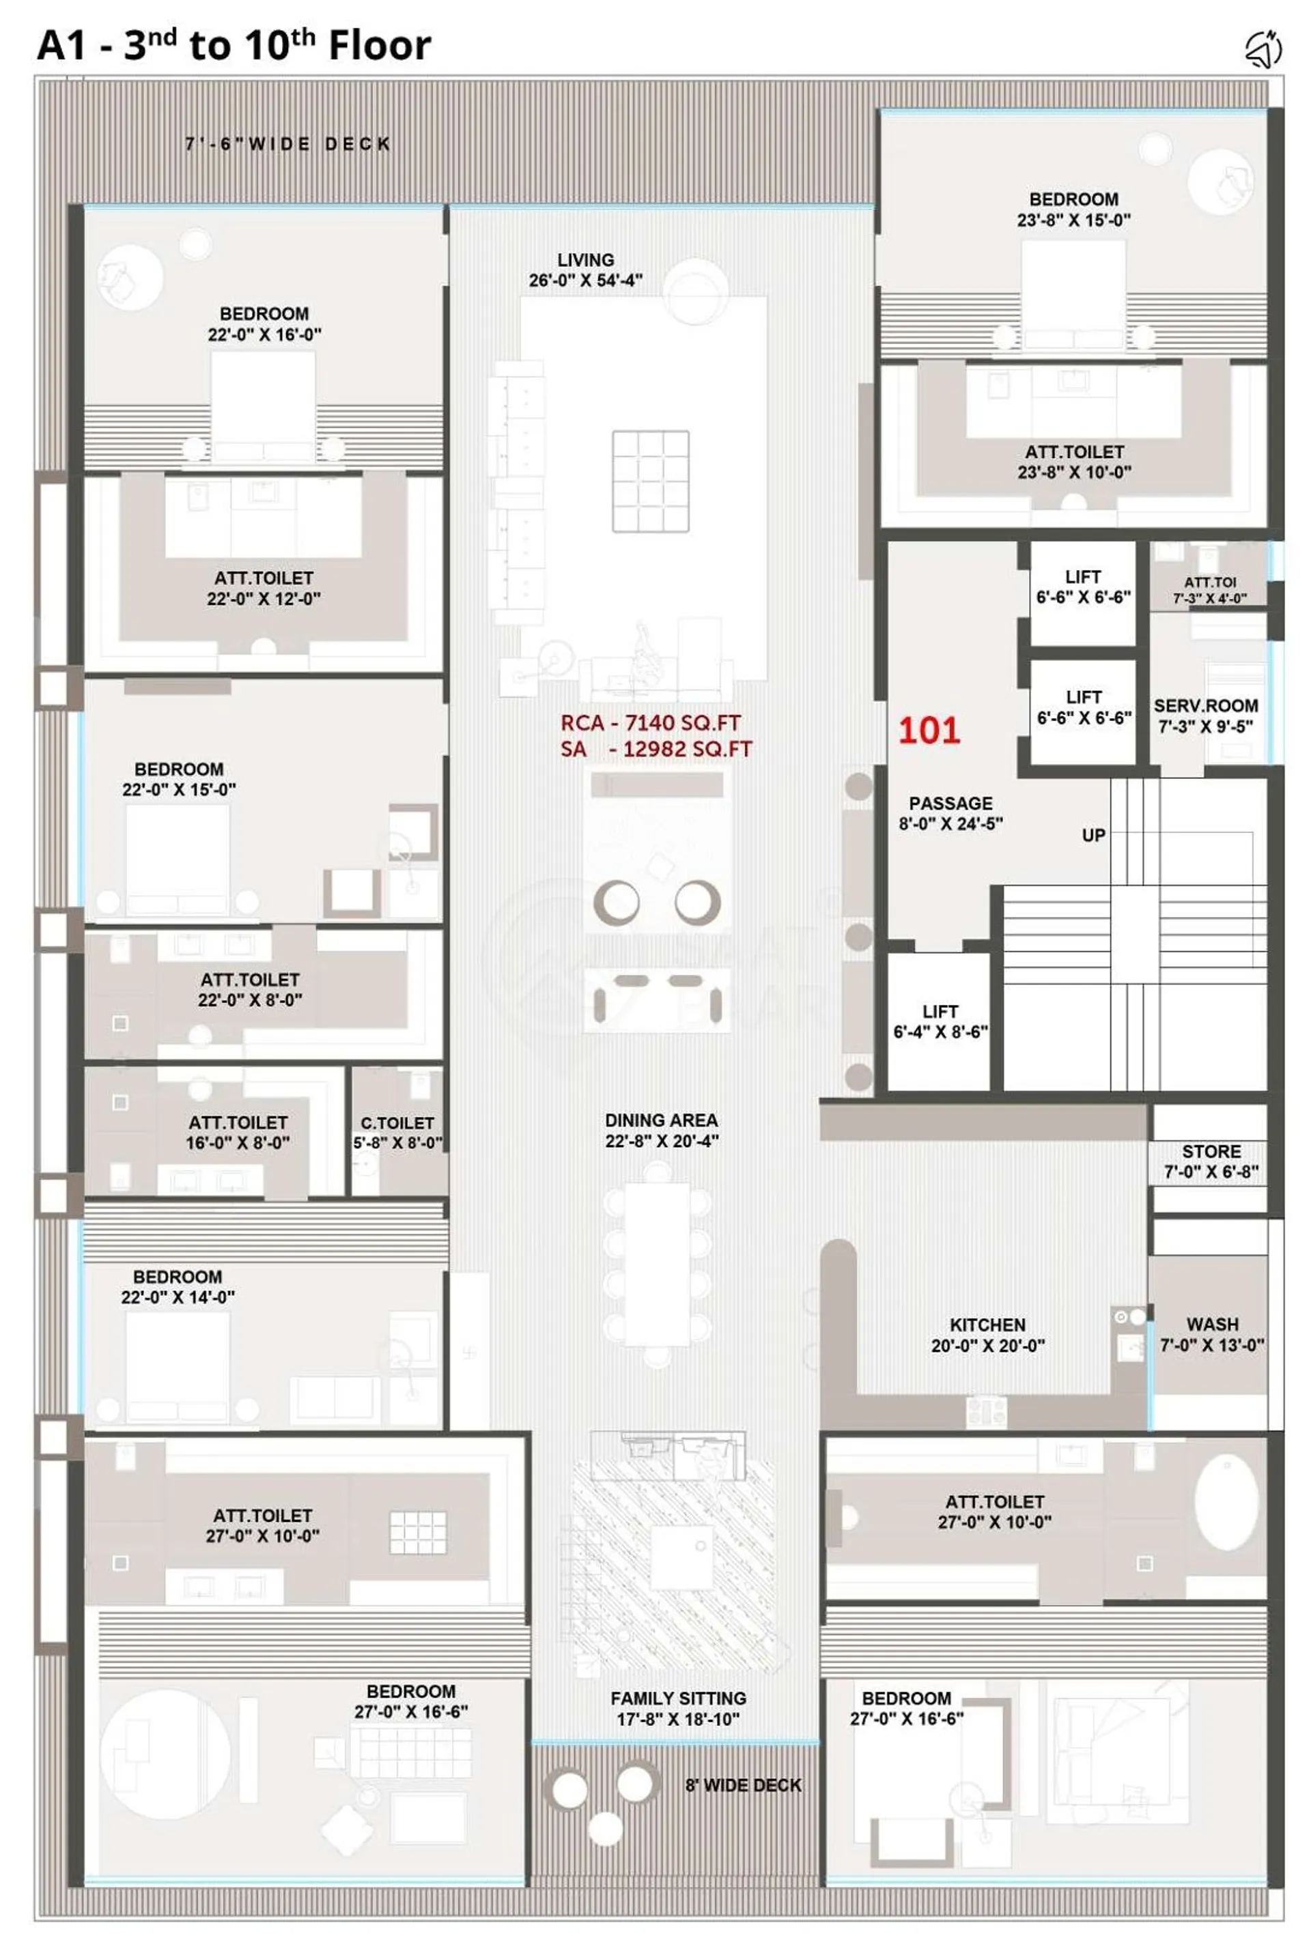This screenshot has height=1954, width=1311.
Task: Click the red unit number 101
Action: (929, 731)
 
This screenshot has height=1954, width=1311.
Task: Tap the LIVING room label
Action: (585, 260)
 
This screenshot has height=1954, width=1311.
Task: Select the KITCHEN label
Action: (987, 1325)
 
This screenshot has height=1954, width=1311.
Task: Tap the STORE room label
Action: (1211, 1152)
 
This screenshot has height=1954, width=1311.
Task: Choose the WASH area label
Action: (1213, 1325)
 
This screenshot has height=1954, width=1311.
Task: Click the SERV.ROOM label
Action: (1206, 706)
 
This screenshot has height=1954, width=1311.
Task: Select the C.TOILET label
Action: (397, 1123)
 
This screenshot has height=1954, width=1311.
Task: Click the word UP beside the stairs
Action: (1094, 836)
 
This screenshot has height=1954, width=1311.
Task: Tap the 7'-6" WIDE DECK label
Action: (287, 145)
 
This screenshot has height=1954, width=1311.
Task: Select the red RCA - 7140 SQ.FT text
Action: (651, 723)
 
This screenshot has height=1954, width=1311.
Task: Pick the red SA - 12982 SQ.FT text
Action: (656, 749)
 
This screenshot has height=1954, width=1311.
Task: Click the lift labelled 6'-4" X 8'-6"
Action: (940, 1021)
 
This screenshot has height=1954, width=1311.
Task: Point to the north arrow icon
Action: (1263, 48)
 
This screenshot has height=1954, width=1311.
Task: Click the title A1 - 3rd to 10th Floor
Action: (234, 44)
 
